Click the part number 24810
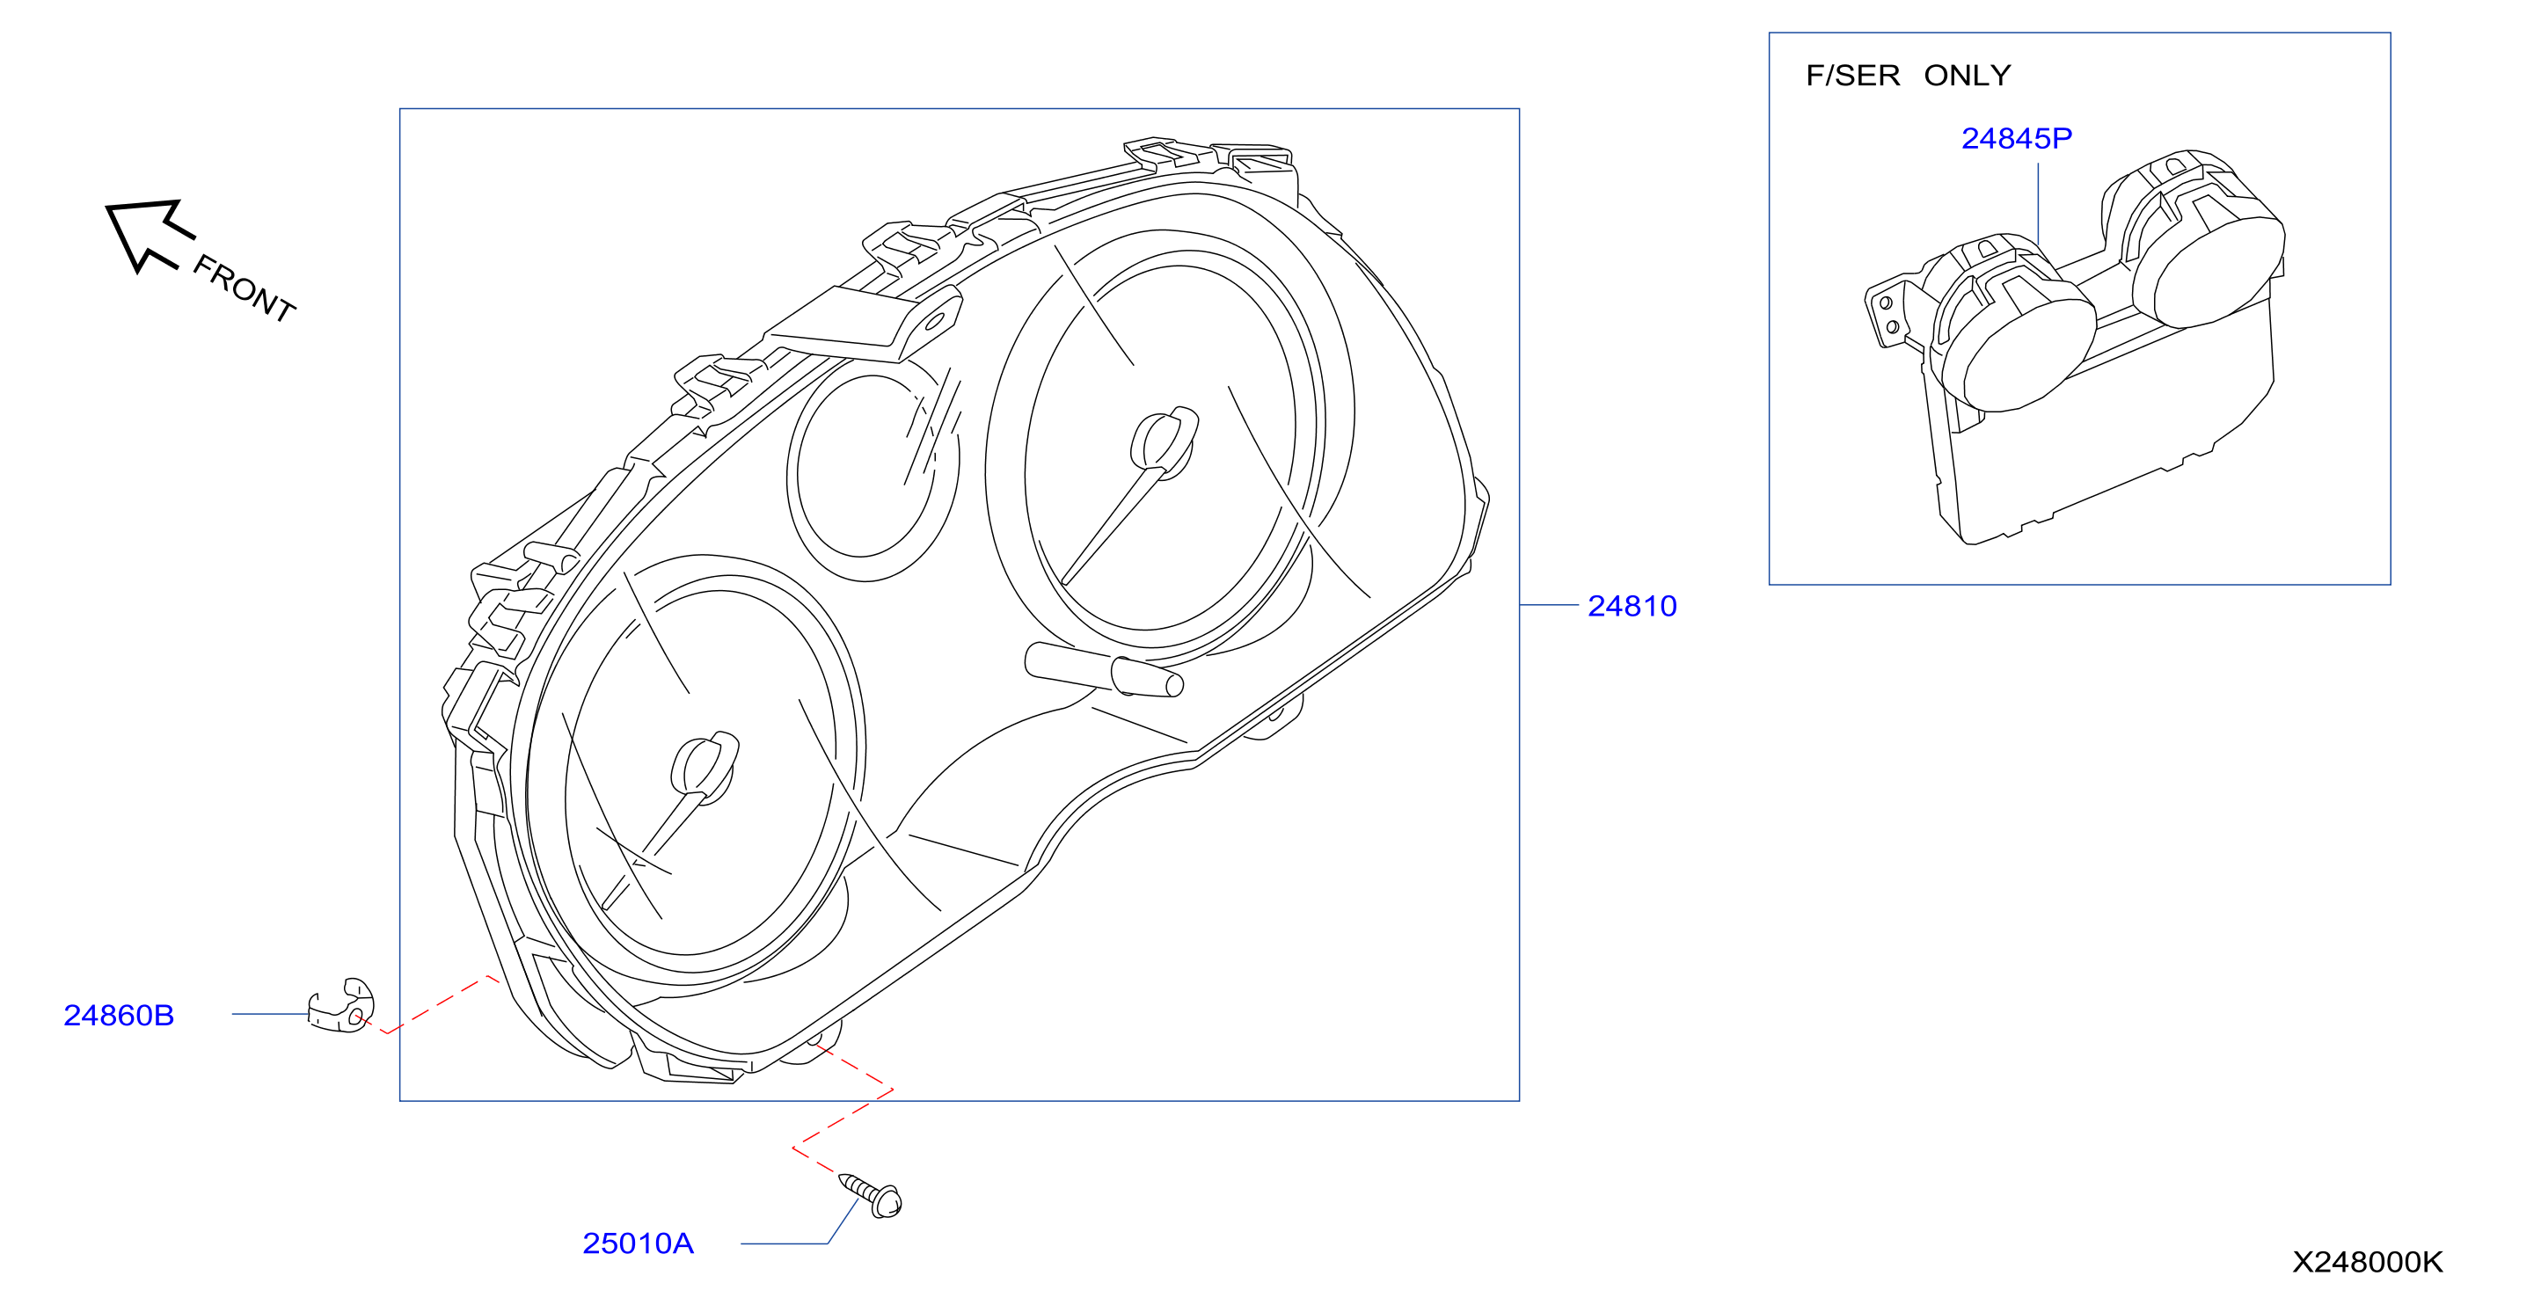click(1632, 606)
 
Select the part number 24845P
click(2016, 138)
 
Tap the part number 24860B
click(119, 1015)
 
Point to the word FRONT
click(244, 288)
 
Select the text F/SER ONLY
click(1908, 75)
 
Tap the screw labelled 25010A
click(870, 1194)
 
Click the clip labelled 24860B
click(341, 1006)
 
